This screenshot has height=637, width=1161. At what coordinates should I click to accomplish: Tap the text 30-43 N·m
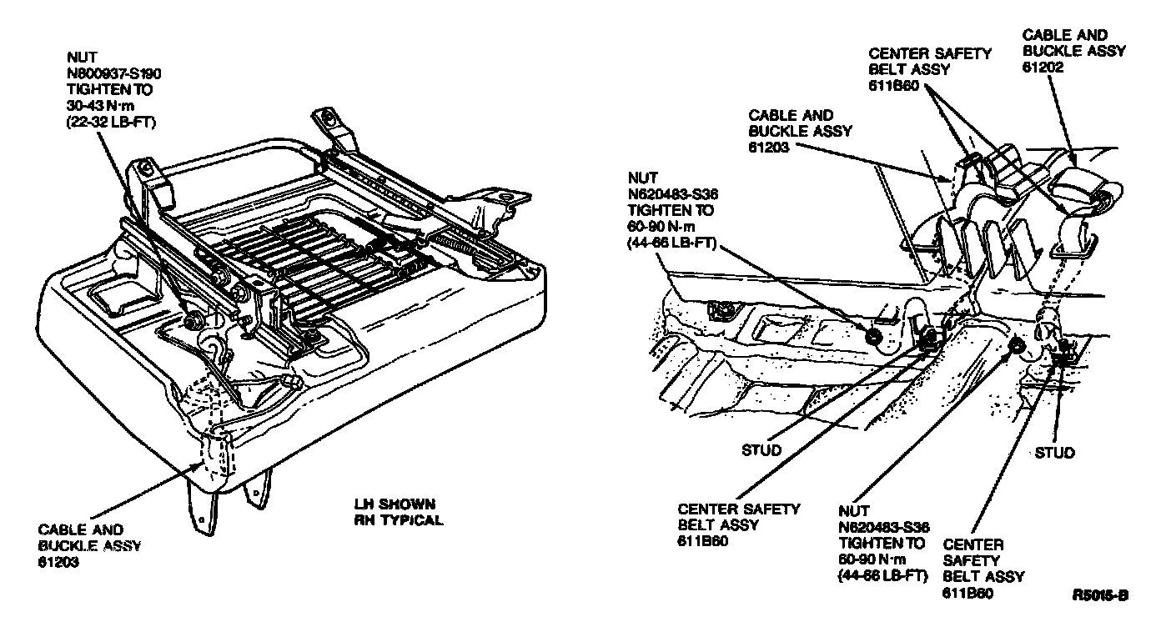pyautogui.click(x=100, y=106)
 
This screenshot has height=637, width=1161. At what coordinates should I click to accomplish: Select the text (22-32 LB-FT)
pyautogui.click(x=112, y=122)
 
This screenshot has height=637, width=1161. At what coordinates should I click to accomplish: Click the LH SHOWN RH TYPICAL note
pyautogui.click(x=398, y=513)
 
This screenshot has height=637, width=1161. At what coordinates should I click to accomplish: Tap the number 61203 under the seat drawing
pyautogui.click(x=59, y=562)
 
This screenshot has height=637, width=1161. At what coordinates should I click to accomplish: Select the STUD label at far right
pyautogui.click(x=1054, y=453)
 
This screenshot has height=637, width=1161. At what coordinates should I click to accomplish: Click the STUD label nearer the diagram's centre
pyautogui.click(x=761, y=451)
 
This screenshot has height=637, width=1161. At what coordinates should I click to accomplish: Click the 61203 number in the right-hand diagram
pyautogui.click(x=769, y=147)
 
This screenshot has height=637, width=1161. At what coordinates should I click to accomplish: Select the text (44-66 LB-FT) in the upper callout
pyautogui.click(x=676, y=243)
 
